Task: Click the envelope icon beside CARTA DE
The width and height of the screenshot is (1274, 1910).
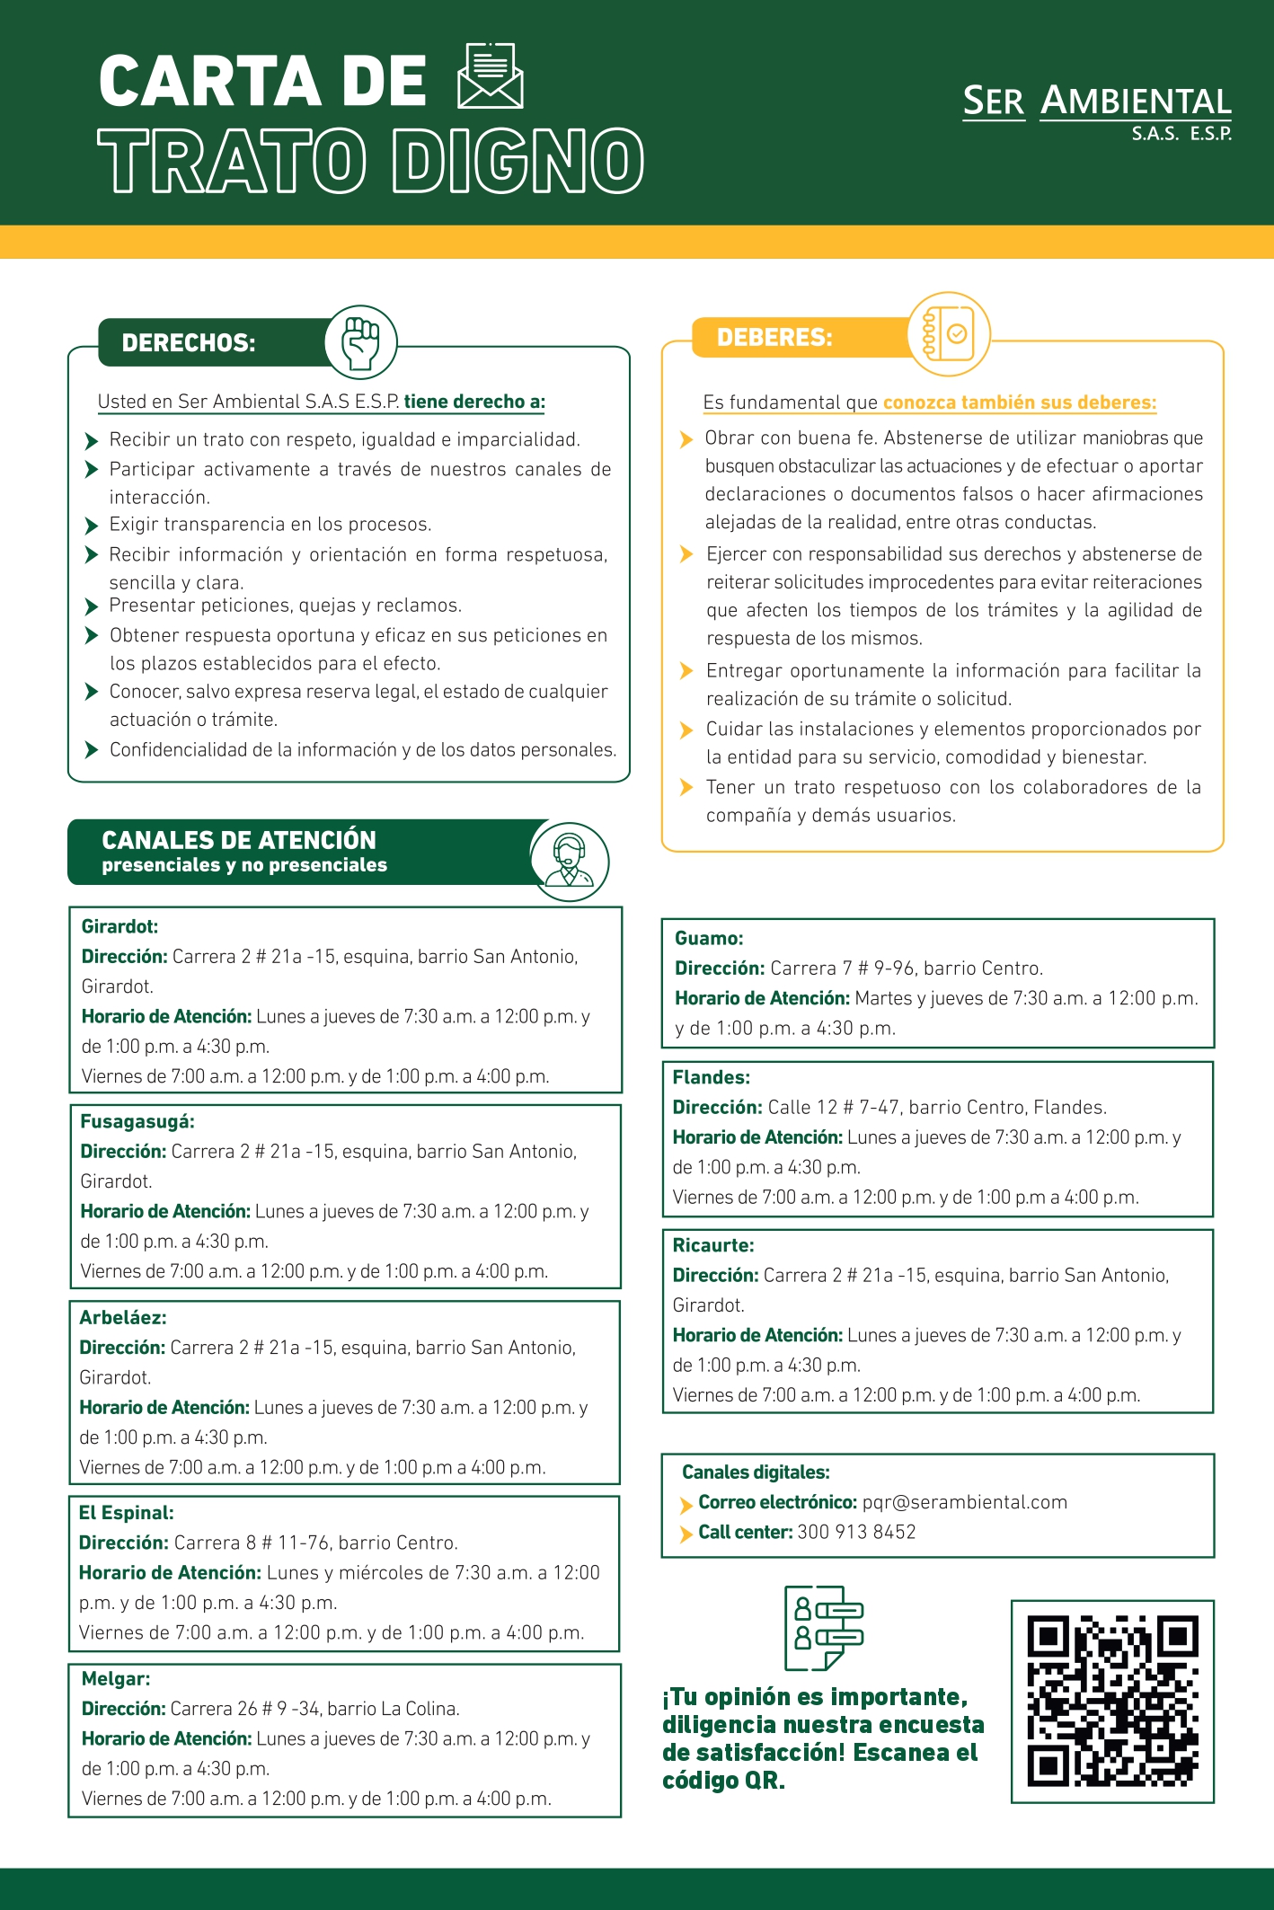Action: click(x=491, y=76)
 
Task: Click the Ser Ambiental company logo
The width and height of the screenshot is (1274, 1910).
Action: click(x=1097, y=111)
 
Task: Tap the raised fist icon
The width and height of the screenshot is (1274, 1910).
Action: click(x=361, y=342)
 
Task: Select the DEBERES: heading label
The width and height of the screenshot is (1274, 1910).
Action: click(x=774, y=338)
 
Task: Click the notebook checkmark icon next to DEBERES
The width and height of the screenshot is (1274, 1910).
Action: click(x=949, y=334)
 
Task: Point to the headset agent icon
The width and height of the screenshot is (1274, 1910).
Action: click(x=570, y=862)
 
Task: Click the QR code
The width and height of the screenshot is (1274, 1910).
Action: click(x=1112, y=1701)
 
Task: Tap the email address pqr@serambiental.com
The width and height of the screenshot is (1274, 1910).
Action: click(x=964, y=1502)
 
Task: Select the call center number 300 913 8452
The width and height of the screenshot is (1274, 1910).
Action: click(x=856, y=1532)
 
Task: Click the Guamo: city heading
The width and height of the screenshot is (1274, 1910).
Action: click(x=709, y=938)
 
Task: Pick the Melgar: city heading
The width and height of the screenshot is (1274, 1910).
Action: click(x=116, y=1678)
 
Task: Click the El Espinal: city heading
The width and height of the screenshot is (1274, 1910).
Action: click(x=126, y=1512)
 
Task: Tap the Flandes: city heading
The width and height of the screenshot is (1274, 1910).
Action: click(x=711, y=1077)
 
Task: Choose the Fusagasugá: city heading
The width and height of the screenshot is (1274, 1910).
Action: click(x=137, y=1121)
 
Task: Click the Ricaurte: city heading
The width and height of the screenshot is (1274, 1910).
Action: click(x=713, y=1245)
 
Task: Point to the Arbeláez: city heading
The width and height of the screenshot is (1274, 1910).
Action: click(x=123, y=1317)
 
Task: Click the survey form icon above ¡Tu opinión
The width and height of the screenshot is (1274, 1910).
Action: click(x=823, y=1628)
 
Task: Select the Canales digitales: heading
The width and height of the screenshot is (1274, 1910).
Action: click(x=756, y=1472)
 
